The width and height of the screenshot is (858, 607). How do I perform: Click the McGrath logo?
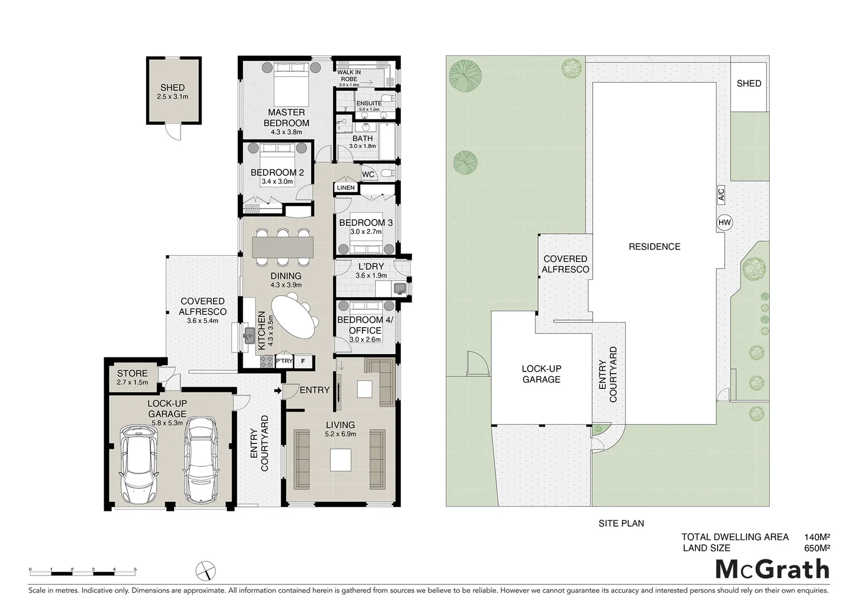pos(772,569)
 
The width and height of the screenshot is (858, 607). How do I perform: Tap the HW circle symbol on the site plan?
pos(725,223)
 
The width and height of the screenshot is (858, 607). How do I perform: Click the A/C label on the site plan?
pos(721,195)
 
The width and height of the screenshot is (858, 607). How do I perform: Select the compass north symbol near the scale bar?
pos(206,571)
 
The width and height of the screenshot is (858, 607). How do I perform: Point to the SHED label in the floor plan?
pos(172,87)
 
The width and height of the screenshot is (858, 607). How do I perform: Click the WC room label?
pos(368,174)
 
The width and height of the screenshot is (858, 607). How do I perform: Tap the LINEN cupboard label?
pos(346,188)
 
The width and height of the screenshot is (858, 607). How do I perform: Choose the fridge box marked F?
pos(303,361)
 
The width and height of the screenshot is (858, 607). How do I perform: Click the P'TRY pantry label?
pos(284,361)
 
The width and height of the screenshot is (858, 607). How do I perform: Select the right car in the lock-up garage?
pos(201,460)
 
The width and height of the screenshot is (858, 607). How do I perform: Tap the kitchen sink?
pos(249,336)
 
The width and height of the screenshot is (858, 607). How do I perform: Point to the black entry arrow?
pos(277,391)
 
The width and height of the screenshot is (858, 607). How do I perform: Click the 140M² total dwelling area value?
pos(817,537)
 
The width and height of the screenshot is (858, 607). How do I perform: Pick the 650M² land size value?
pos(817,548)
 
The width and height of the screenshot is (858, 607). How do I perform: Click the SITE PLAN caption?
pos(621,523)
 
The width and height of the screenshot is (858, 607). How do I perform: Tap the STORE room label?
pos(133,373)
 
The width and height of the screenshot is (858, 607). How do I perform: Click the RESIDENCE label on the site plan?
pos(654,246)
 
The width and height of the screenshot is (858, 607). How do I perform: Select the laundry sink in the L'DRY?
pos(400,289)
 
